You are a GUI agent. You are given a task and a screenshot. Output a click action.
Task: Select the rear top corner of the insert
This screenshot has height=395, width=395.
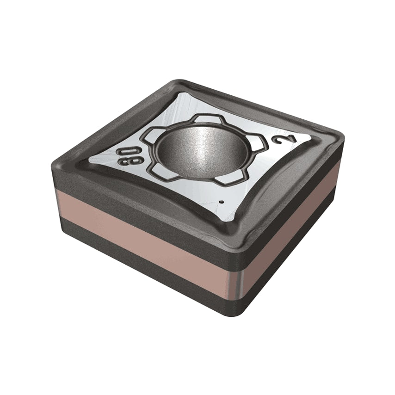click(x=178, y=83)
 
